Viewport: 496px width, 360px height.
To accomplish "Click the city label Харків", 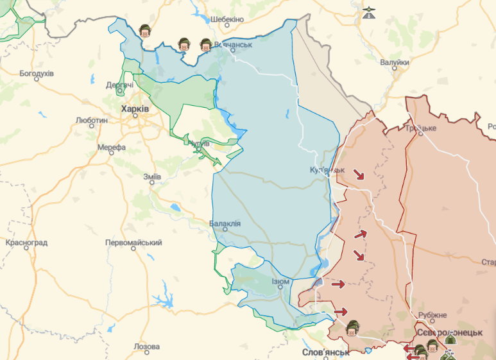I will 135,109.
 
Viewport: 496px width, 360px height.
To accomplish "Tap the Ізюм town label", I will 280,281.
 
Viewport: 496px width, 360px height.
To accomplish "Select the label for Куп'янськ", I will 327,170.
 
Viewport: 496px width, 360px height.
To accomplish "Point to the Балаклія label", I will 225,223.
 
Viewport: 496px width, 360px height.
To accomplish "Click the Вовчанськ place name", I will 233,45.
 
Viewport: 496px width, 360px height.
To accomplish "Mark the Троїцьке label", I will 420,128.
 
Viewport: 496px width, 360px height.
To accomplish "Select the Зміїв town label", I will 152,176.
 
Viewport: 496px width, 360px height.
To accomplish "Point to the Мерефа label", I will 111,147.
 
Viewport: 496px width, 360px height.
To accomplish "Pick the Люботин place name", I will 91,120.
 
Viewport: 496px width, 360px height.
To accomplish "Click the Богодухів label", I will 37,73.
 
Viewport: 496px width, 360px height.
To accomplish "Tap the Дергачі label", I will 120,85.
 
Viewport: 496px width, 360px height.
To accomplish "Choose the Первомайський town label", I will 134,243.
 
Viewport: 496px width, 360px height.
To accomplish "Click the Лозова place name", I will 146,347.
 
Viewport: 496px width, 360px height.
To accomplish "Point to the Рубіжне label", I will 432,315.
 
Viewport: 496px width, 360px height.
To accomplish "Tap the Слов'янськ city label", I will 326,352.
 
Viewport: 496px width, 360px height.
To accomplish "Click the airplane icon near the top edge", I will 368,12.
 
